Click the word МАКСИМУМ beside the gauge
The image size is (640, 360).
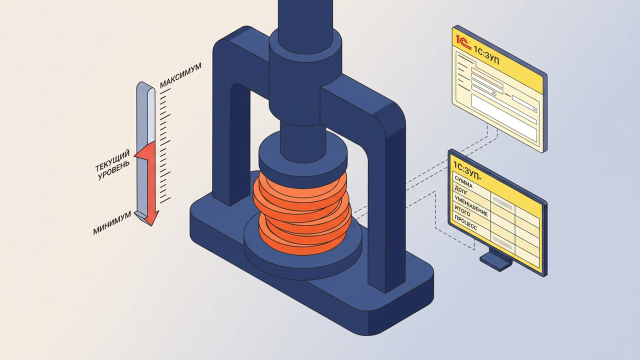pyautogui.click(x=180, y=75)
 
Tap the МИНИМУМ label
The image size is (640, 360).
pyautogui.click(x=112, y=223)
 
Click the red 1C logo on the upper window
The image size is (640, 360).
pyautogui.click(x=463, y=42)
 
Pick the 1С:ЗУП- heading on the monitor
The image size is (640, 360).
pyautogui.click(x=467, y=171)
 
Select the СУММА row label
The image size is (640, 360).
pyautogui.click(x=463, y=182)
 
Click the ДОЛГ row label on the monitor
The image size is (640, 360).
pyautogui.click(x=461, y=190)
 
